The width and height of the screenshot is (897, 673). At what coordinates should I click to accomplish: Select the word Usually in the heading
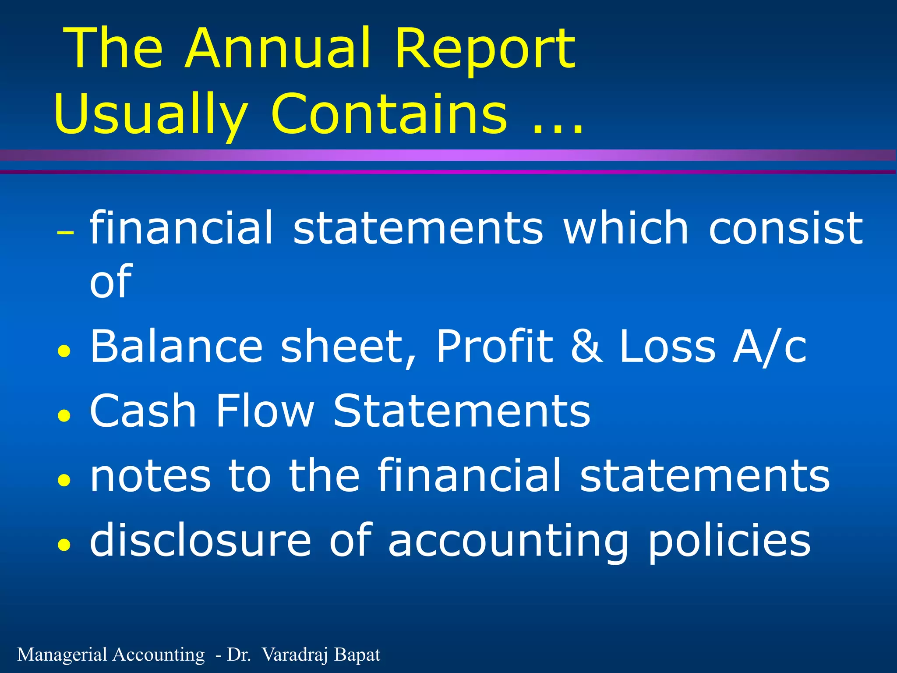point(151,115)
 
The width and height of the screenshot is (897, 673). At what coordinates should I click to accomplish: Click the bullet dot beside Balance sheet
point(64,351)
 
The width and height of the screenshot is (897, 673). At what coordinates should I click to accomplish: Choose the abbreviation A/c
point(770,347)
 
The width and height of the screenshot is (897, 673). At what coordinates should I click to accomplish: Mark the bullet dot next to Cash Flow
point(64,415)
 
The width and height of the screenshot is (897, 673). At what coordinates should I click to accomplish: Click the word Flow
point(265,410)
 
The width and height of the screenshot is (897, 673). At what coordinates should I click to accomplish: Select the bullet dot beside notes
point(64,480)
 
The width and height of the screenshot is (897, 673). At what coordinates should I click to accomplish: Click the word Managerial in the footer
point(63,655)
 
